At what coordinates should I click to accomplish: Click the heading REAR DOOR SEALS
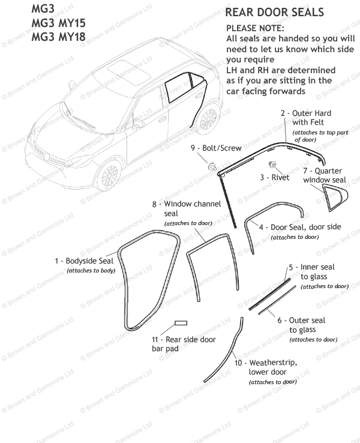pyautogui.click(x=274, y=13)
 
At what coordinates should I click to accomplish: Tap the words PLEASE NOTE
pyautogui.click(x=255, y=28)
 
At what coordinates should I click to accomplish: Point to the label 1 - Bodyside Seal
pyautogui.click(x=83, y=261)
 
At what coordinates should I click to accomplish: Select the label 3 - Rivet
pyautogui.click(x=274, y=178)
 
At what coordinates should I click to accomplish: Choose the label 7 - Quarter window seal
pyautogui.click(x=325, y=175)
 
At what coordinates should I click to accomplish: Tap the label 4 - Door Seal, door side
pyautogui.click(x=295, y=228)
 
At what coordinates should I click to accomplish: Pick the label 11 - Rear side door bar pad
pyautogui.click(x=183, y=344)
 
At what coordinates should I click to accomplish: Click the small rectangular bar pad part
pyautogui.click(x=181, y=323)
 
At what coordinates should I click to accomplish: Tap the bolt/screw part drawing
pyautogui.click(x=213, y=165)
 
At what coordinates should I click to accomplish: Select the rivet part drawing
pyautogui.click(x=272, y=165)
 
